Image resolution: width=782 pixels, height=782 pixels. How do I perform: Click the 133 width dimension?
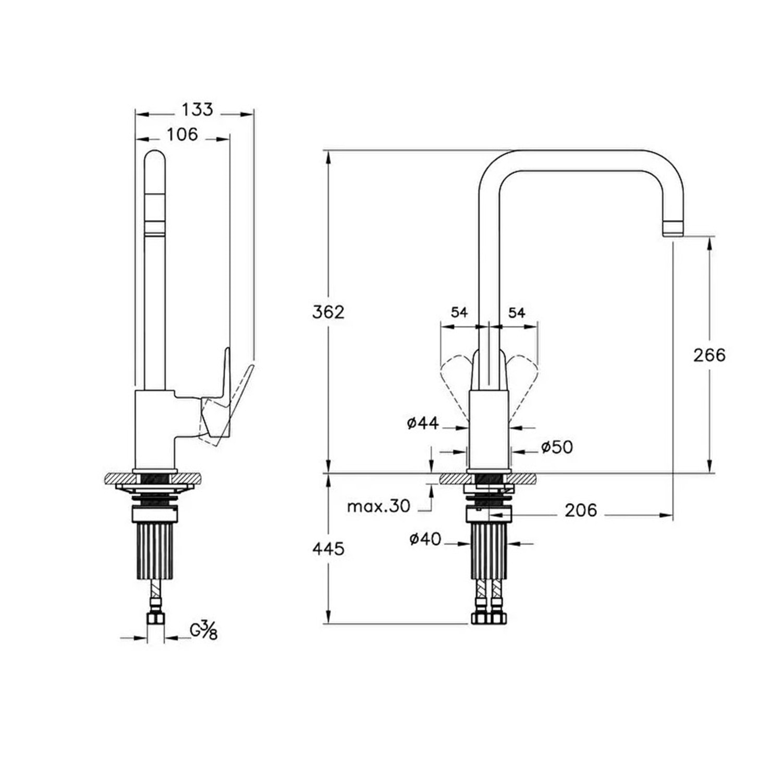(x=197, y=109)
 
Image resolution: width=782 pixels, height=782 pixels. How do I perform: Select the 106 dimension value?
(x=182, y=135)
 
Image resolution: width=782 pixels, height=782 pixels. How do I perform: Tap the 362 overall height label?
(x=328, y=312)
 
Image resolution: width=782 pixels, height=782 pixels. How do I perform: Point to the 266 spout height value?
(x=710, y=355)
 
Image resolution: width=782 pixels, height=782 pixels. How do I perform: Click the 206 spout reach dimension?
(x=581, y=510)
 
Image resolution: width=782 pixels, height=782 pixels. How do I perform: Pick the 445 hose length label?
(x=328, y=548)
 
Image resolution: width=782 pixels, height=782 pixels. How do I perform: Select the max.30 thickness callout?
(x=379, y=506)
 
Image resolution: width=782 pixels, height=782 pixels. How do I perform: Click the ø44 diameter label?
(x=423, y=423)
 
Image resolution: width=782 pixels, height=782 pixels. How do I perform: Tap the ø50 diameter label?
(x=557, y=447)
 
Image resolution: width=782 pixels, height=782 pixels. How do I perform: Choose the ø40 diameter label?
(x=425, y=539)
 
